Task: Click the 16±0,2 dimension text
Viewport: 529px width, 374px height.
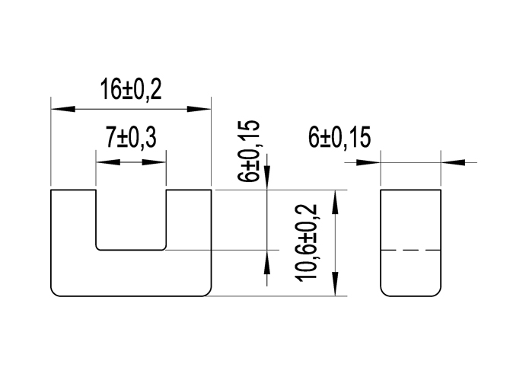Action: tap(130, 90)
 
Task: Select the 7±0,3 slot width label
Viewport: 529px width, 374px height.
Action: tap(130, 138)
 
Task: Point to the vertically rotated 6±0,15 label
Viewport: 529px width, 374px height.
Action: tap(248, 150)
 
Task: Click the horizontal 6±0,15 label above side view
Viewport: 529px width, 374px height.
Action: tap(339, 138)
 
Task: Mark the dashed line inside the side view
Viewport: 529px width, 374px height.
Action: tap(410, 250)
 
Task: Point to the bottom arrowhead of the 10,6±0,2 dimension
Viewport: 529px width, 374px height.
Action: tap(335, 284)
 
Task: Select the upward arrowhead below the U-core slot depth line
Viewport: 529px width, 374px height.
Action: tap(266, 261)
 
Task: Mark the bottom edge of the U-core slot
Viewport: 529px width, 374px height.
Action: tap(130, 249)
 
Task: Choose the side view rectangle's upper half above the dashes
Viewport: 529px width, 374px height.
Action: tap(410, 219)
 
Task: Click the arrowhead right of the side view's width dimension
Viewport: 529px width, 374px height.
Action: tap(452, 161)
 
